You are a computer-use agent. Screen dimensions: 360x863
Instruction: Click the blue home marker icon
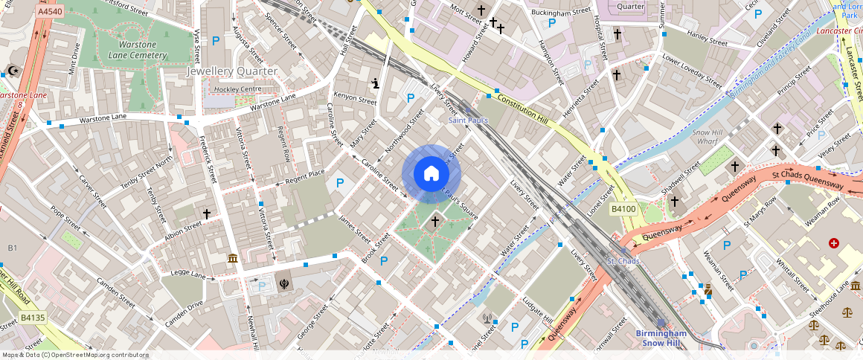(431, 174)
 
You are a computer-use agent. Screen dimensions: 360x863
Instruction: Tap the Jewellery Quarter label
(231, 71)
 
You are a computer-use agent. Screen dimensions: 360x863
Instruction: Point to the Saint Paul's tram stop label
(468, 120)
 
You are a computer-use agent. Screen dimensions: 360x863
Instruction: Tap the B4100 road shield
(623, 209)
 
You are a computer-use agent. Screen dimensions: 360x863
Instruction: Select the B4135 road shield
(33, 318)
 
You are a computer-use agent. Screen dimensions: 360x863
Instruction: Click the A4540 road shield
(50, 13)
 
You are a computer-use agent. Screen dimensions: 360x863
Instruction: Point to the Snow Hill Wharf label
(710, 137)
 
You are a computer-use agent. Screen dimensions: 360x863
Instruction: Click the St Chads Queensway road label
(807, 179)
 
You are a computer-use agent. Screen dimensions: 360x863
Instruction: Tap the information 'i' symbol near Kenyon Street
(376, 83)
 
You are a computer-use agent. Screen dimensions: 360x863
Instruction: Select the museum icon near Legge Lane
(233, 258)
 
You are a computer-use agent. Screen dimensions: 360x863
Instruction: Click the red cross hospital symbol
(833, 243)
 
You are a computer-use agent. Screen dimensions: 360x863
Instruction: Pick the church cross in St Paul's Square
(435, 221)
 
